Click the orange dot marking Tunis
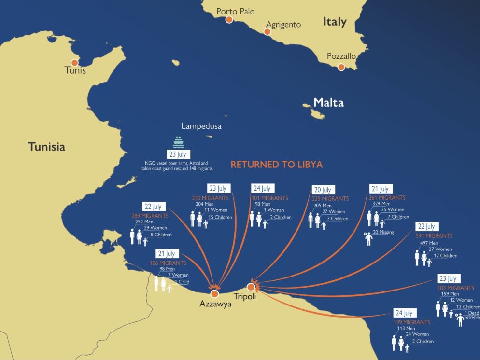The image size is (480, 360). [x=74, y=62]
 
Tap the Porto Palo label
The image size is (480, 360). [x=235, y=11]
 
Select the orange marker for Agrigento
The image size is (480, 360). [x=267, y=32]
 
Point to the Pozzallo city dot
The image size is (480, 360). [x=341, y=67]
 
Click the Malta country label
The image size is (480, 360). [x=328, y=102]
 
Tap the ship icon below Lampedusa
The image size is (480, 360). [x=179, y=142]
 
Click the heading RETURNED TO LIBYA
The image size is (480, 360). [x=276, y=165]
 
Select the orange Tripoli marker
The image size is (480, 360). [x=251, y=287]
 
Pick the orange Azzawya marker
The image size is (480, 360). [x=214, y=293]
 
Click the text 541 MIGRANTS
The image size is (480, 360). [x=434, y=236]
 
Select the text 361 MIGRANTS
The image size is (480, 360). [x=387, y=198]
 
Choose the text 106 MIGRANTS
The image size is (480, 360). [x=168, y=263]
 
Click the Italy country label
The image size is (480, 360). [x=335, y=22]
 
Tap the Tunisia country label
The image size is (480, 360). [x=46, y=147]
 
